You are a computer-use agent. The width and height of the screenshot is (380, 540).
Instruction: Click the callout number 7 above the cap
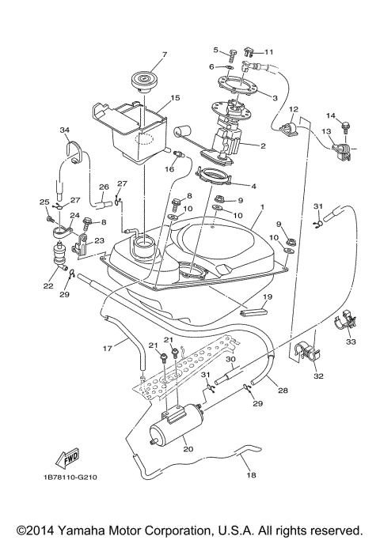(164, 55)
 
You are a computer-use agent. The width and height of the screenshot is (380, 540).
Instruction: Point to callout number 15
(175, 98)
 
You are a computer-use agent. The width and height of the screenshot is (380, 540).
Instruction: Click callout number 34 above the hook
(64, 130)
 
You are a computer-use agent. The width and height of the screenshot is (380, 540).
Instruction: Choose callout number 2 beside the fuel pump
(263, 146)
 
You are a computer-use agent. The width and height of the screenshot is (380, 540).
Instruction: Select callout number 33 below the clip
(351, 342)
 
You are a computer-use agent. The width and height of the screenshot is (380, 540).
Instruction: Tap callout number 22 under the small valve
(49, 286)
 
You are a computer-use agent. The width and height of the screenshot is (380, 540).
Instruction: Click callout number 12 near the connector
(293, 109)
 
